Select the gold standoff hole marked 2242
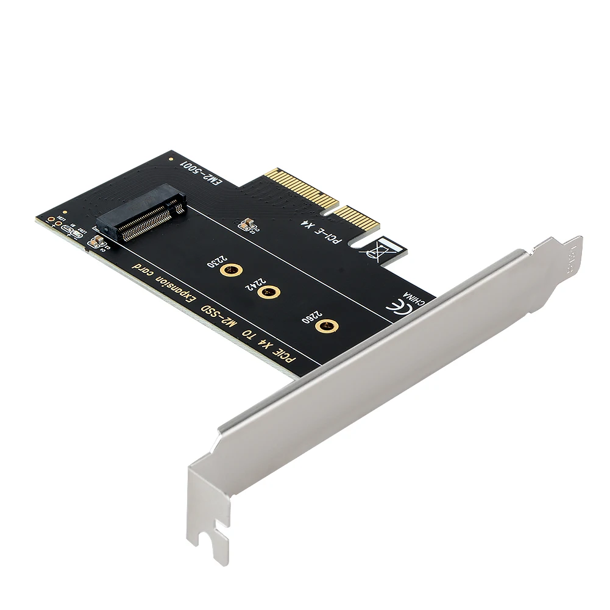pyautogui.click(x=266, y=293)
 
